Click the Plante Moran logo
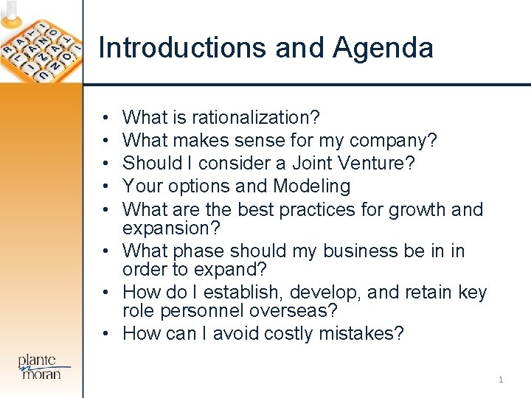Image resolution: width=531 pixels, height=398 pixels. coord(43,367)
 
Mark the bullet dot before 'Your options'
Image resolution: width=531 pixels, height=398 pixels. coord(107,186)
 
